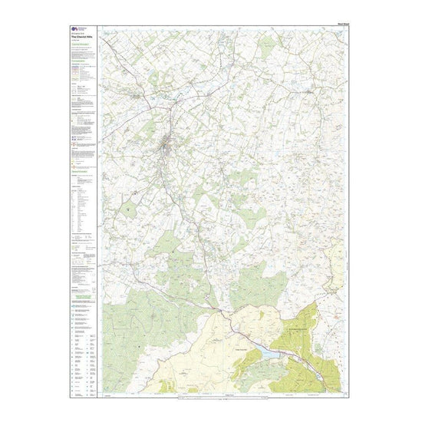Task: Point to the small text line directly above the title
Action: [76, 33]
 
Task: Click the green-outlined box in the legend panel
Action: [81, 286]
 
